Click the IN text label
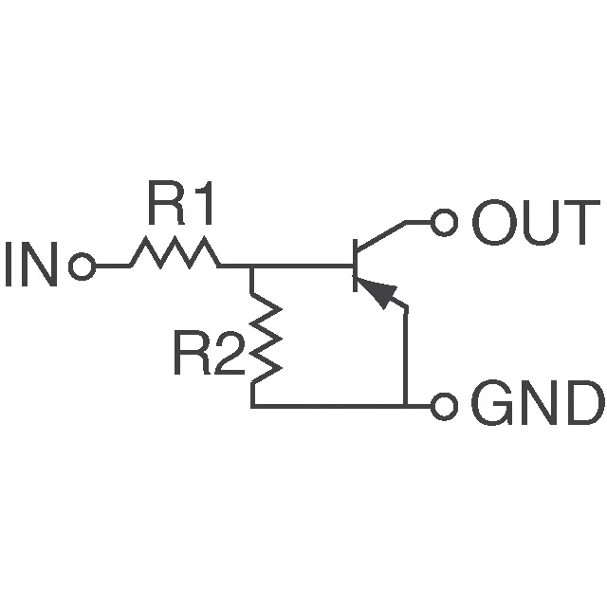coord(31,267)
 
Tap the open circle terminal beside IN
coord(83,267)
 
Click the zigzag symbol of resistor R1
coord(175,254)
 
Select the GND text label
coord(536,407)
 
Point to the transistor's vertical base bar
coord(354,266)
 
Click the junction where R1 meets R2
coord(252,267)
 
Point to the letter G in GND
coord(490,407)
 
